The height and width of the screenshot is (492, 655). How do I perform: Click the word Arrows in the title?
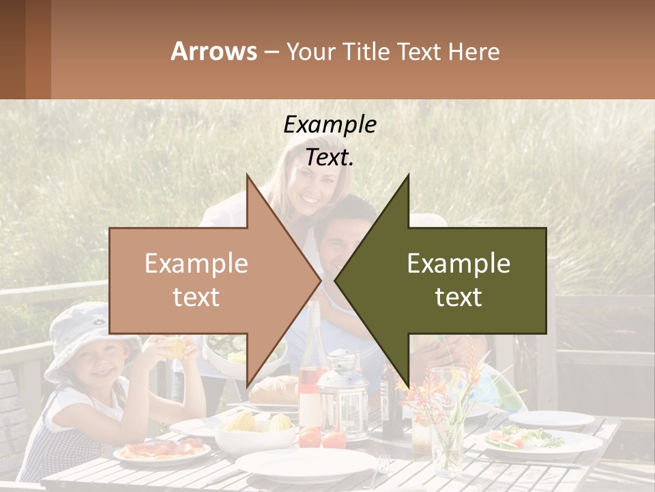[x=214, y=51]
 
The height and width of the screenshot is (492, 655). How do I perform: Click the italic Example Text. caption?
[x=330, y=141]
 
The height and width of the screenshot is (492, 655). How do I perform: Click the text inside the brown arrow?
[x=196, y=280]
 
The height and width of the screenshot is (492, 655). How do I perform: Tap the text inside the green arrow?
[x=458, y=280]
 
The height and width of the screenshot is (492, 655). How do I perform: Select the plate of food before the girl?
[x=162, y=452]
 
